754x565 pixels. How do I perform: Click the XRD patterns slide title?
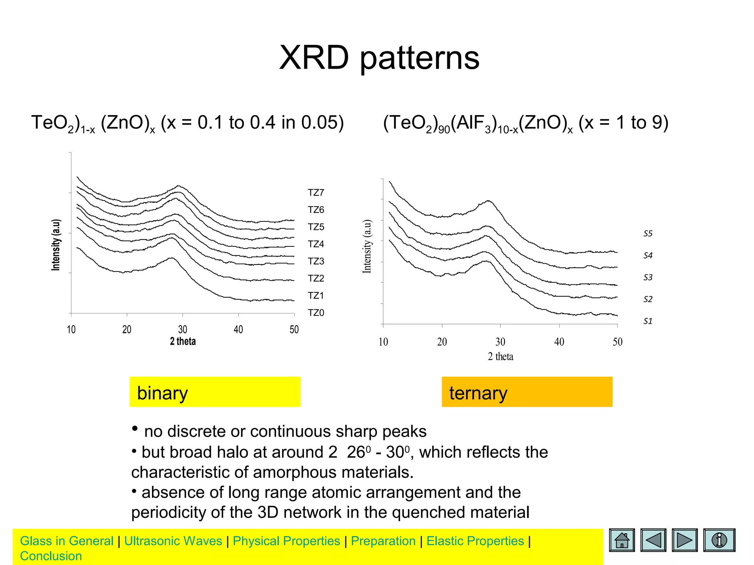379,58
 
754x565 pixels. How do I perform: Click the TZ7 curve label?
316,193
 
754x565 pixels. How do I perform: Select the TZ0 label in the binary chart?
316,313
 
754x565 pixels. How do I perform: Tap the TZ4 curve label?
316,244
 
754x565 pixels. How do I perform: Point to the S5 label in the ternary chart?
648,234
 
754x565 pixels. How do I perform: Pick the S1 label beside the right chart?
648,321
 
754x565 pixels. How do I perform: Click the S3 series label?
648,277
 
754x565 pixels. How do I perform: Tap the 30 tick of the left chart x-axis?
183,329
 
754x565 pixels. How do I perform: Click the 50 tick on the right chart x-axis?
617,342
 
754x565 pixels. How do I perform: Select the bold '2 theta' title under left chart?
183,341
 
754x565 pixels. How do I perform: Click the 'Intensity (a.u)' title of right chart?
367,246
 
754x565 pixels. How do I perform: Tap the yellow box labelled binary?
215,392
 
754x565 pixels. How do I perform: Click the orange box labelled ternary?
527,392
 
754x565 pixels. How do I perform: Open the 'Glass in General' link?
67,541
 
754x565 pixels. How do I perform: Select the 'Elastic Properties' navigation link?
475,541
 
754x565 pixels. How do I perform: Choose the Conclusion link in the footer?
51,556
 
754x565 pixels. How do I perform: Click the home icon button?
622,540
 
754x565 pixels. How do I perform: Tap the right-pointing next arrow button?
684,540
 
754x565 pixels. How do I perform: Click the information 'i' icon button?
719,540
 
